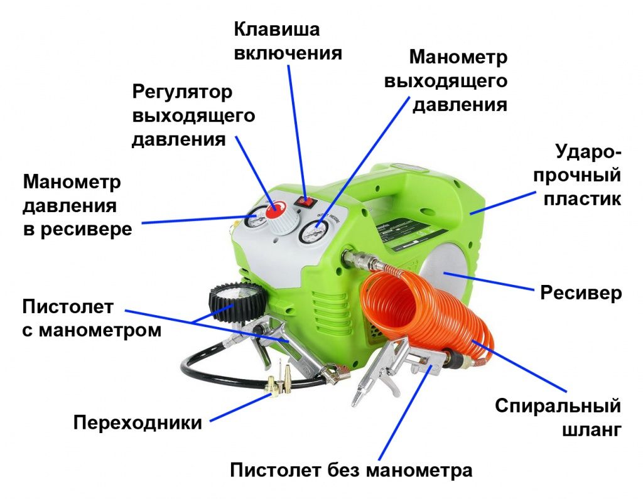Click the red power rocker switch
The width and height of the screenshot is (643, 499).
point(306,202)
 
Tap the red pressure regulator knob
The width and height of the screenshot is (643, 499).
point(274,211)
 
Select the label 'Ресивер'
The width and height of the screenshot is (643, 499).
point(581,293)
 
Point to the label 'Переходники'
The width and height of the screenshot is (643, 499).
point(138,422)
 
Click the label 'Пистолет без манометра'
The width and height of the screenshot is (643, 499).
point(350,470)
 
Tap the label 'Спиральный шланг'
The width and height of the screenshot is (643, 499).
point(558,417)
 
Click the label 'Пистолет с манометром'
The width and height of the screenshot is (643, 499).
point(92,318)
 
